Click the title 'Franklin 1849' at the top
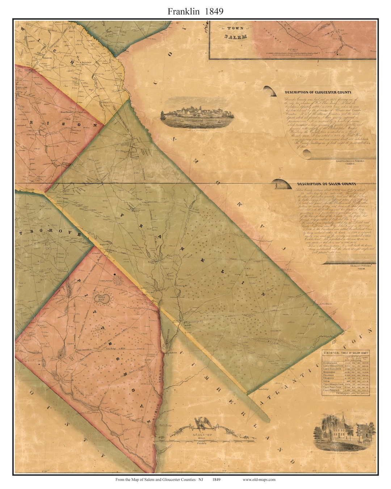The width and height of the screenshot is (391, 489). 195,11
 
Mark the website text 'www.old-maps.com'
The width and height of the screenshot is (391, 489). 259,480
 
